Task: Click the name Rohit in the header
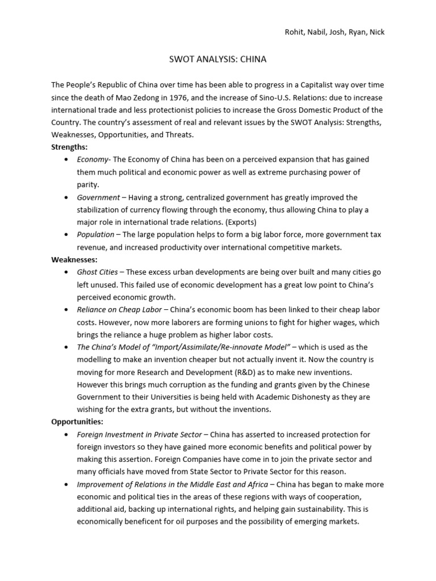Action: click(295, 32)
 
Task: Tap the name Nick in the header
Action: click(376, 32)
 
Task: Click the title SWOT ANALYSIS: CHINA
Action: click(218, 58)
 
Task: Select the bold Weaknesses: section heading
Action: click(73, 259)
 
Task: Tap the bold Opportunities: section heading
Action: click(76, 422)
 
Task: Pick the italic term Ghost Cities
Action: click(98, 272)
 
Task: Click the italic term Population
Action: click(95, 234)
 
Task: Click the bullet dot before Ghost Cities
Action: click(68, 272)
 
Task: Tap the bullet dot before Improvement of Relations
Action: click(68, 485)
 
